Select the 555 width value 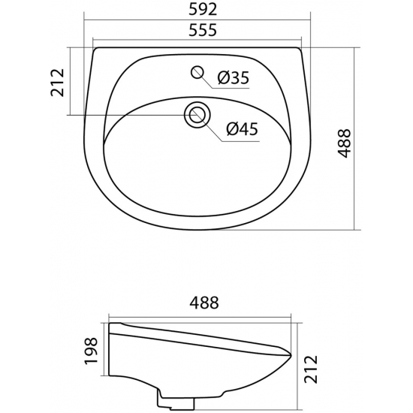198,32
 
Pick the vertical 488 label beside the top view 345,140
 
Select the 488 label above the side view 201,303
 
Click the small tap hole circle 198,72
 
